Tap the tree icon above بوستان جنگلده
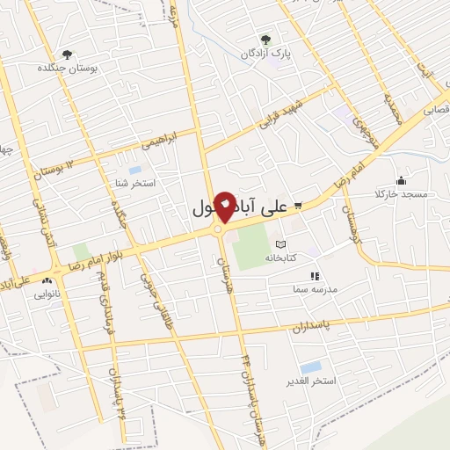[x=67, y=54]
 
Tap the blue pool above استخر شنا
[x=134, y=169]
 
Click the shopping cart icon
[x=299, y=206]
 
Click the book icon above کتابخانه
[x=280, y=243]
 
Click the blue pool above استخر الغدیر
[x=310, y=367]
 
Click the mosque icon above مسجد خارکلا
[x=401, y=179]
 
